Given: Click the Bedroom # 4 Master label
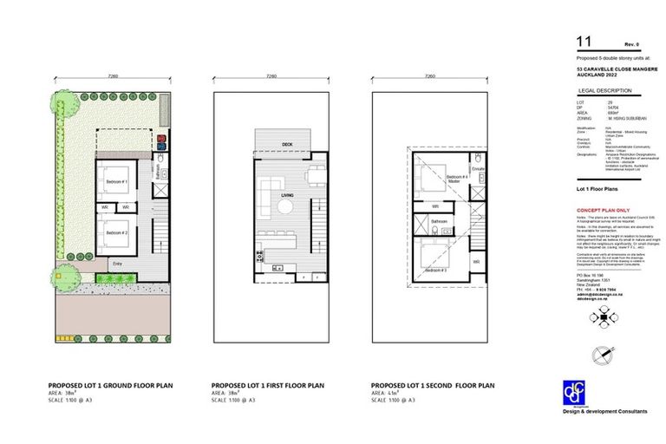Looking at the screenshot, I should [458, 178].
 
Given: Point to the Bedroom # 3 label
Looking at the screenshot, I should [435, 271].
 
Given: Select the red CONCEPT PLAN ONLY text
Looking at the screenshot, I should [604, 211].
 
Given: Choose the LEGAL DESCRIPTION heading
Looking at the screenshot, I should [601, 90].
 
